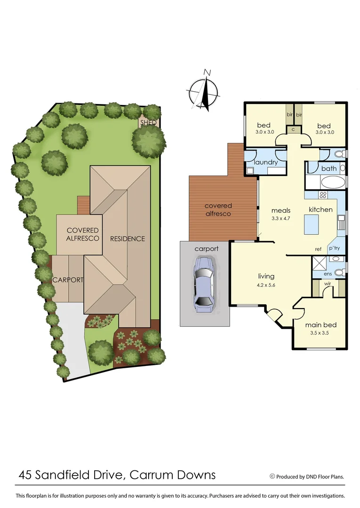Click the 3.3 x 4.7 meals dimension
[281, 218]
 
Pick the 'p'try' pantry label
[334, 248]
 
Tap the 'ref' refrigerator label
[318, 249]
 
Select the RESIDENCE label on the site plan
[128, 238]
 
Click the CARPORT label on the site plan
[68, 279]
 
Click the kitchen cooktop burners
[323, 195]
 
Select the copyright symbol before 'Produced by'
[272, 476]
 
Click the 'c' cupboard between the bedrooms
[293, 129]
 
